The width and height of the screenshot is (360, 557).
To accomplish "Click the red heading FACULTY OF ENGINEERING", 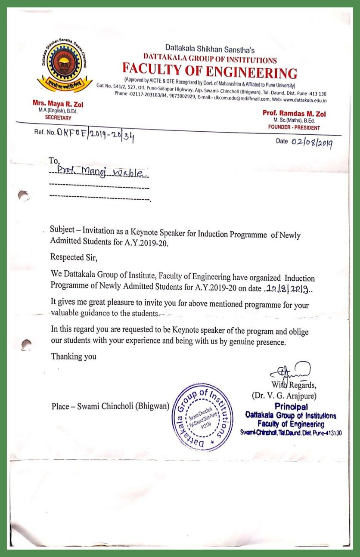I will tap(210, 70).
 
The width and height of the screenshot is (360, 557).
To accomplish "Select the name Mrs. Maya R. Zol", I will tap(52, 103).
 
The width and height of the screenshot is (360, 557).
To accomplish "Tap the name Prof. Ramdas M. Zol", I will tap(294, 114).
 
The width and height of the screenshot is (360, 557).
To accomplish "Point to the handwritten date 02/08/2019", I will tap(311, 143).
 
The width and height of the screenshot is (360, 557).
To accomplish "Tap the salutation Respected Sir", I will tap(74, 258).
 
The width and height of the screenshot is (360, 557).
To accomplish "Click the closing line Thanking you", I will tap(74, 356).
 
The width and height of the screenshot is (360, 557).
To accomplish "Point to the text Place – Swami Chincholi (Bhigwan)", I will tap(110, 406).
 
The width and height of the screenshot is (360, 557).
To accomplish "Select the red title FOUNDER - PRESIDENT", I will tap(294, 128).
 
